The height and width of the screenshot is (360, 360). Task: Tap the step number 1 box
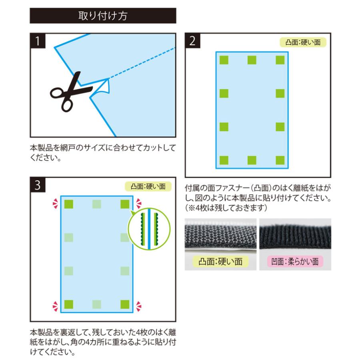click(x=38, y=41)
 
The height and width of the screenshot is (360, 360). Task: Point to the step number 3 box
click(x=38, y=185)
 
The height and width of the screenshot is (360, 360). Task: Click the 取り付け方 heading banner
click(x=103, y=16)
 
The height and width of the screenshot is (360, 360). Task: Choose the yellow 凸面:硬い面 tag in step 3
click(x=148, y=186)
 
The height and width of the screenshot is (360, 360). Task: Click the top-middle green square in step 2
click(x=252, y=60)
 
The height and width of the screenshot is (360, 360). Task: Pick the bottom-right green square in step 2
click(x=280, y=160)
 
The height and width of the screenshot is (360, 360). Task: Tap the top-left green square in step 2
click(x=224, y=60)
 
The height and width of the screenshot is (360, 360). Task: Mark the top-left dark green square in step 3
click(x=69, y=204)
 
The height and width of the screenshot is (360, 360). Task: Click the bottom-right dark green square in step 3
click(x=125, y=305)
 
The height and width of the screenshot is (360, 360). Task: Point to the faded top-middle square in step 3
click(x=97, y=204)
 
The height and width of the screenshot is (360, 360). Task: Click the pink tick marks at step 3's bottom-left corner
click(x=55, y=306)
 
